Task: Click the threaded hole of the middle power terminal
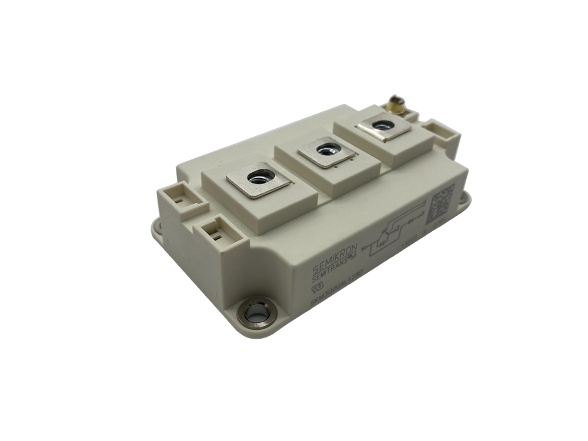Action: (327, 149)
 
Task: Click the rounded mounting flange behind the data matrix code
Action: (464, 200)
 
